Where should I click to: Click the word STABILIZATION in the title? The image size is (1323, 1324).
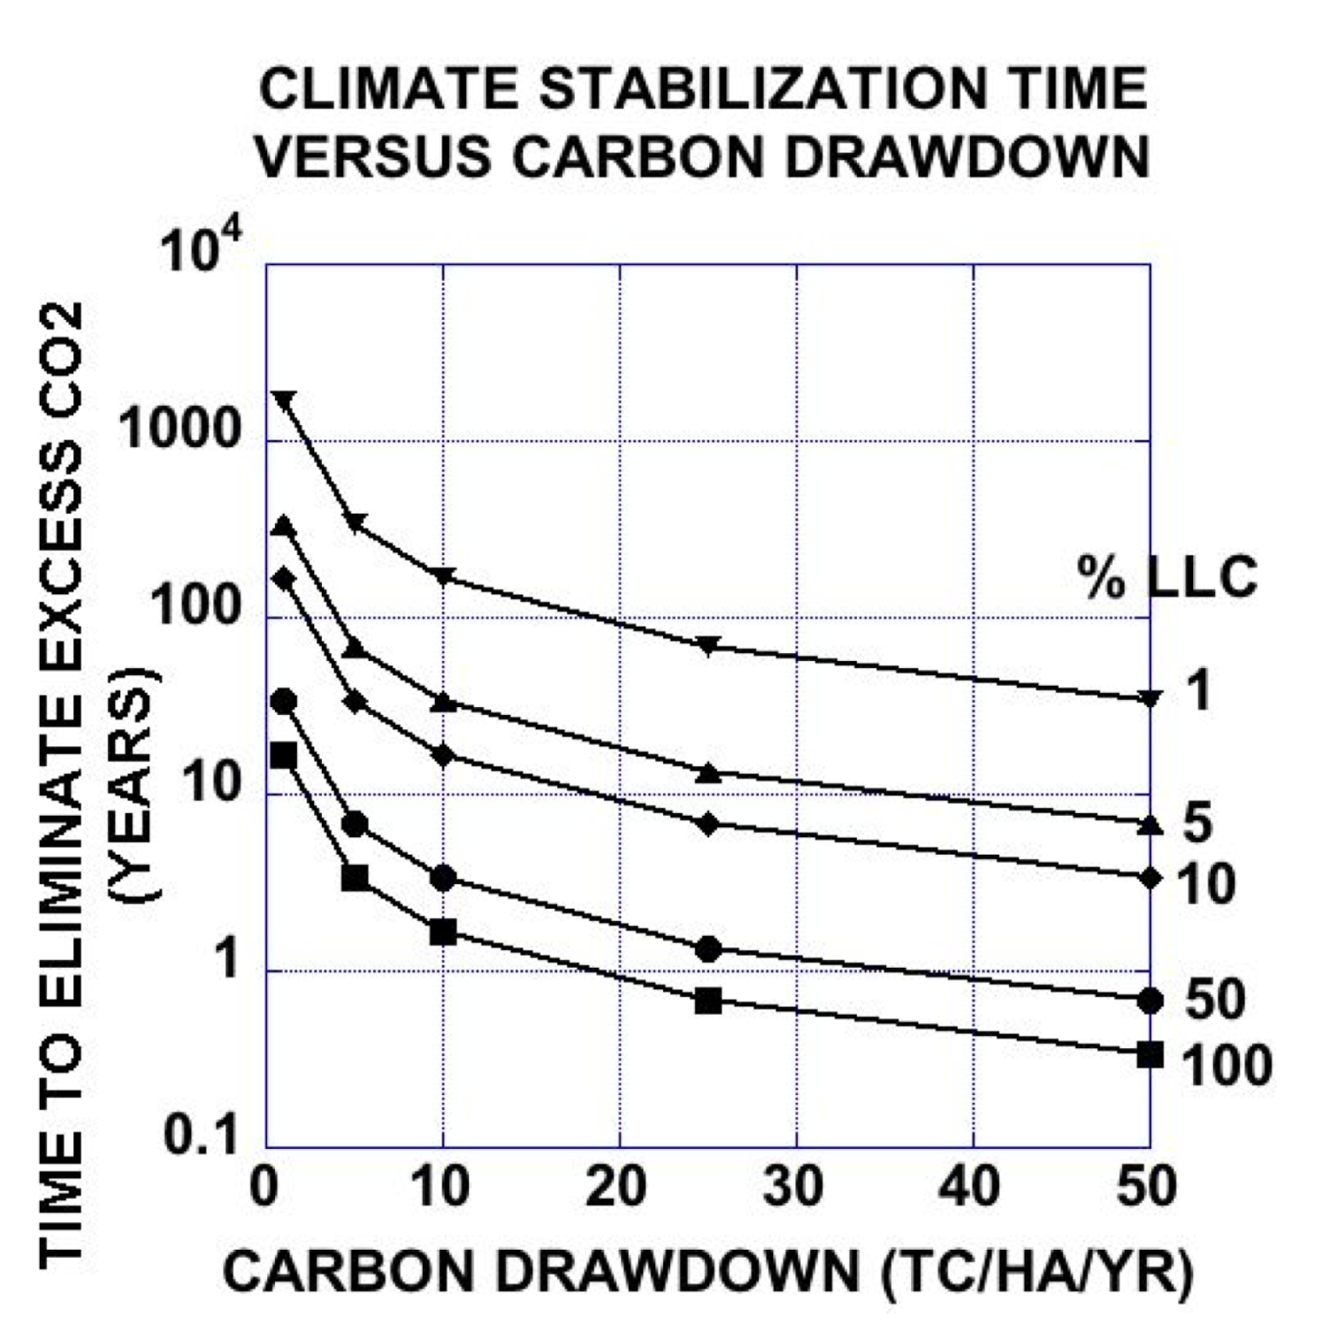(x=762, y=88)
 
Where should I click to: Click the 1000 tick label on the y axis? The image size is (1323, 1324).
(x=180, y=430)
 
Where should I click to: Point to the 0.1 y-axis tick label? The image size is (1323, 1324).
(x=202, y=1135)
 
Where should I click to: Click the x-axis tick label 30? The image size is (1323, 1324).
(x=793, y=1186)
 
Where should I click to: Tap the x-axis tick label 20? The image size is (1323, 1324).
(x=616, y=1186)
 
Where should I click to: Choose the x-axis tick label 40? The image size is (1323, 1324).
(x=970, y=1186)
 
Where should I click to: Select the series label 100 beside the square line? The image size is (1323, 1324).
(x=1227, y=1064)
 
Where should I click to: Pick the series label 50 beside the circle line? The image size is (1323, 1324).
(x=1215, y=999)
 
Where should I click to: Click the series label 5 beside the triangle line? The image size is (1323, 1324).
(x=1197, y=822)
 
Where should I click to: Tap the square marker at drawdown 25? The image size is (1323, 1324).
(x=708, y=1001)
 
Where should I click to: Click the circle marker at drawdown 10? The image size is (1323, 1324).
(x=443, y=878)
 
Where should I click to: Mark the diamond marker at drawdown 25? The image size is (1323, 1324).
(x=708, y=825)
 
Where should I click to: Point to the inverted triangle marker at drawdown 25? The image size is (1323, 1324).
(x=708, y=645)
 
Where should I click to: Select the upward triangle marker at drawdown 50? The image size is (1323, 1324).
(x=1150, y=825)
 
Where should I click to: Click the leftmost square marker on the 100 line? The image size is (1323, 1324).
(x=283, y=756)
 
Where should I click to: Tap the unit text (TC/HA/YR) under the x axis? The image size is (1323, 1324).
(x=1036, y=1272)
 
